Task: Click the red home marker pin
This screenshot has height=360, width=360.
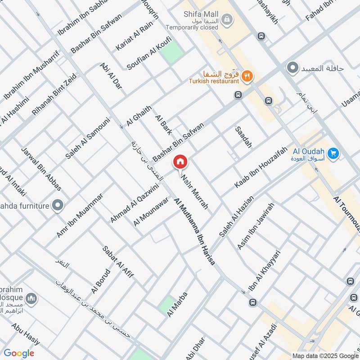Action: [x=180, y=162]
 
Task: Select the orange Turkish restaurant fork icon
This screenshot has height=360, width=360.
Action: [x=246, y=76]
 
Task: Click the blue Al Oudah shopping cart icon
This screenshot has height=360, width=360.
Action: [x=333, y=154]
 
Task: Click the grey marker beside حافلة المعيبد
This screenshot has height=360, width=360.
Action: [x=293, y=68]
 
